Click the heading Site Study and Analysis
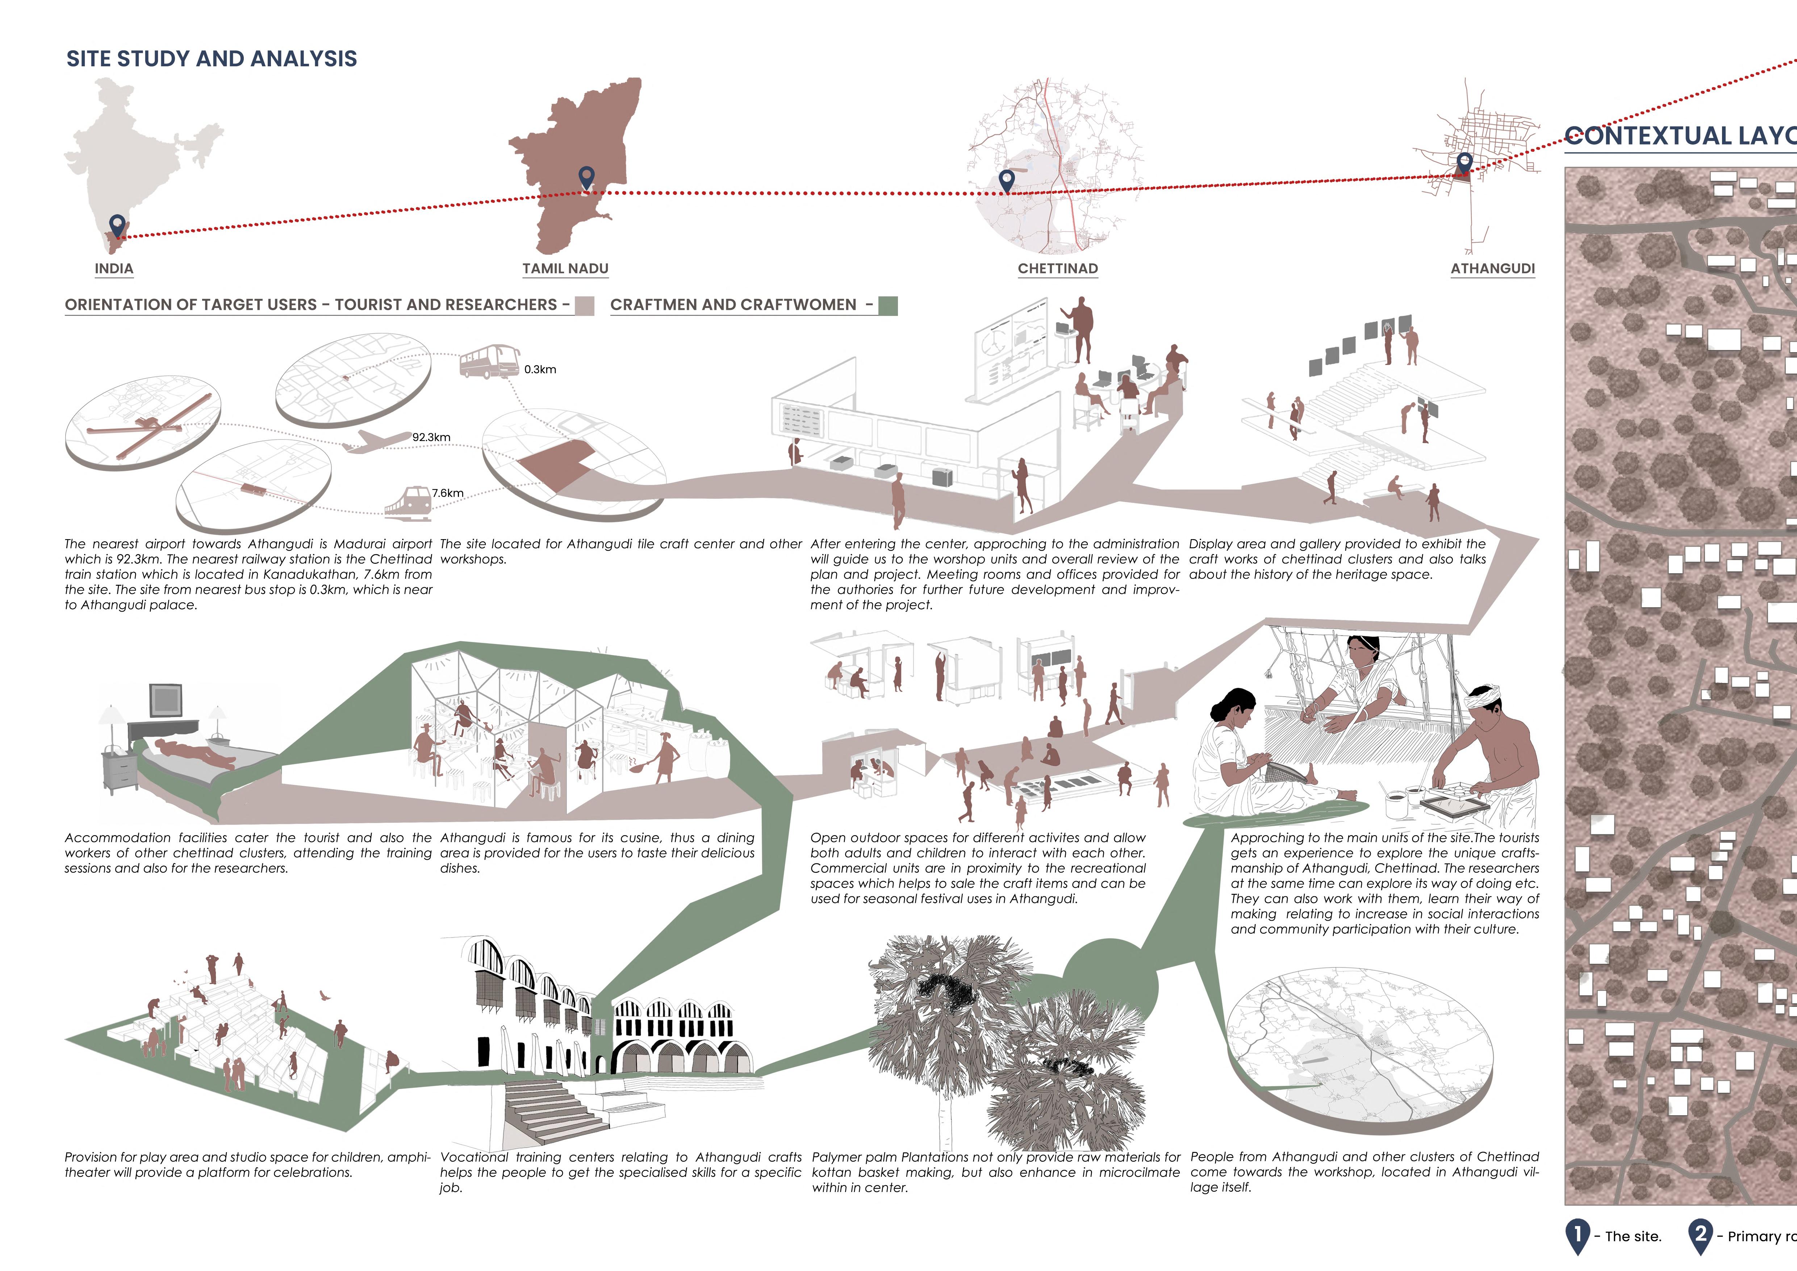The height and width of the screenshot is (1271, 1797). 211,59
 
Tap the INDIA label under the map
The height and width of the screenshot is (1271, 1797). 114,268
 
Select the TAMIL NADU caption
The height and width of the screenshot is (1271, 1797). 565,268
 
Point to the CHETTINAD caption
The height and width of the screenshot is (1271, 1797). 1057,268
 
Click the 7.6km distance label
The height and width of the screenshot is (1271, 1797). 448,493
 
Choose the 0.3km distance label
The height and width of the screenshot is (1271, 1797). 540,370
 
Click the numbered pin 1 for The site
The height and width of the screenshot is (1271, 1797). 1577,1235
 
